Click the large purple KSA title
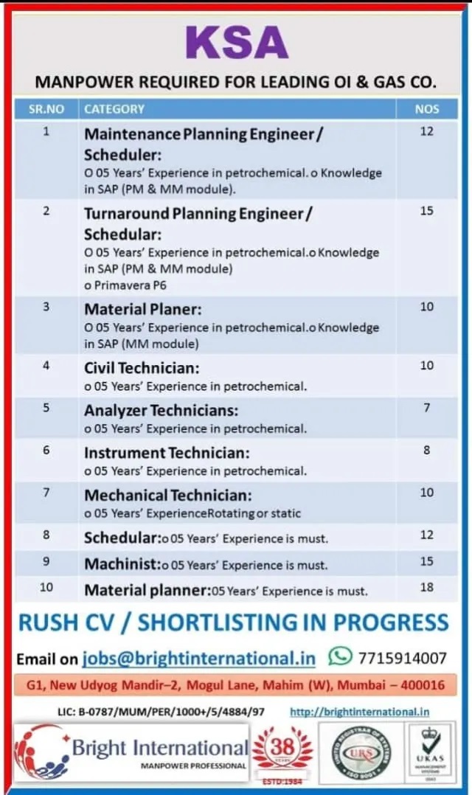click(237, 42)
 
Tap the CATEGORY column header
click(114, 109)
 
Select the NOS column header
click(427, 109)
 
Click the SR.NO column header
click(46, 109)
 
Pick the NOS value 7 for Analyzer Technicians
click(427, 408)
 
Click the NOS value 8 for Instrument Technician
click(427, 450)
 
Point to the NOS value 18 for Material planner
click(427, 588)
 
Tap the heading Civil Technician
click(142, 367)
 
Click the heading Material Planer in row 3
click(142, 309)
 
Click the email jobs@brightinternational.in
click(198, 657)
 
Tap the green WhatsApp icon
click(340, 656)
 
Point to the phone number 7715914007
click(402, 658)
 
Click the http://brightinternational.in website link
click(359, 712)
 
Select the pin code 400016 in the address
click(423, 685)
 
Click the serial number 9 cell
click(46, 562)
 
